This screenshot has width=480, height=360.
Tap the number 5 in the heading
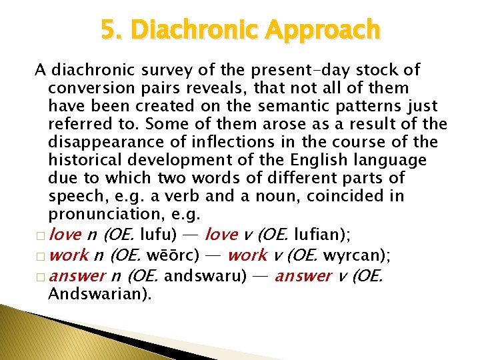coord(109,30)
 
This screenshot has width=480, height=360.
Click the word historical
coord(85,160)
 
